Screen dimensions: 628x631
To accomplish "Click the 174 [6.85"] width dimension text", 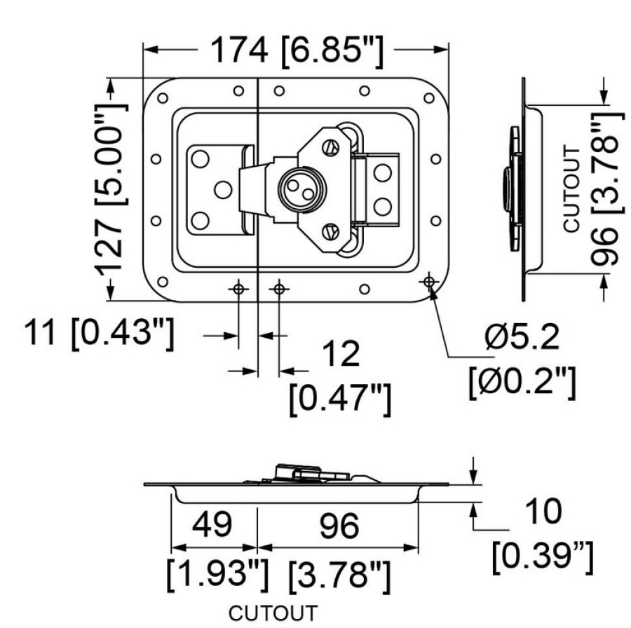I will click(295, 50).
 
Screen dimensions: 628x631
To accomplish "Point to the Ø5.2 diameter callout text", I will click(522, 341).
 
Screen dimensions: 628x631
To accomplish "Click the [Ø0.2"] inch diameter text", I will click(522, 382).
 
